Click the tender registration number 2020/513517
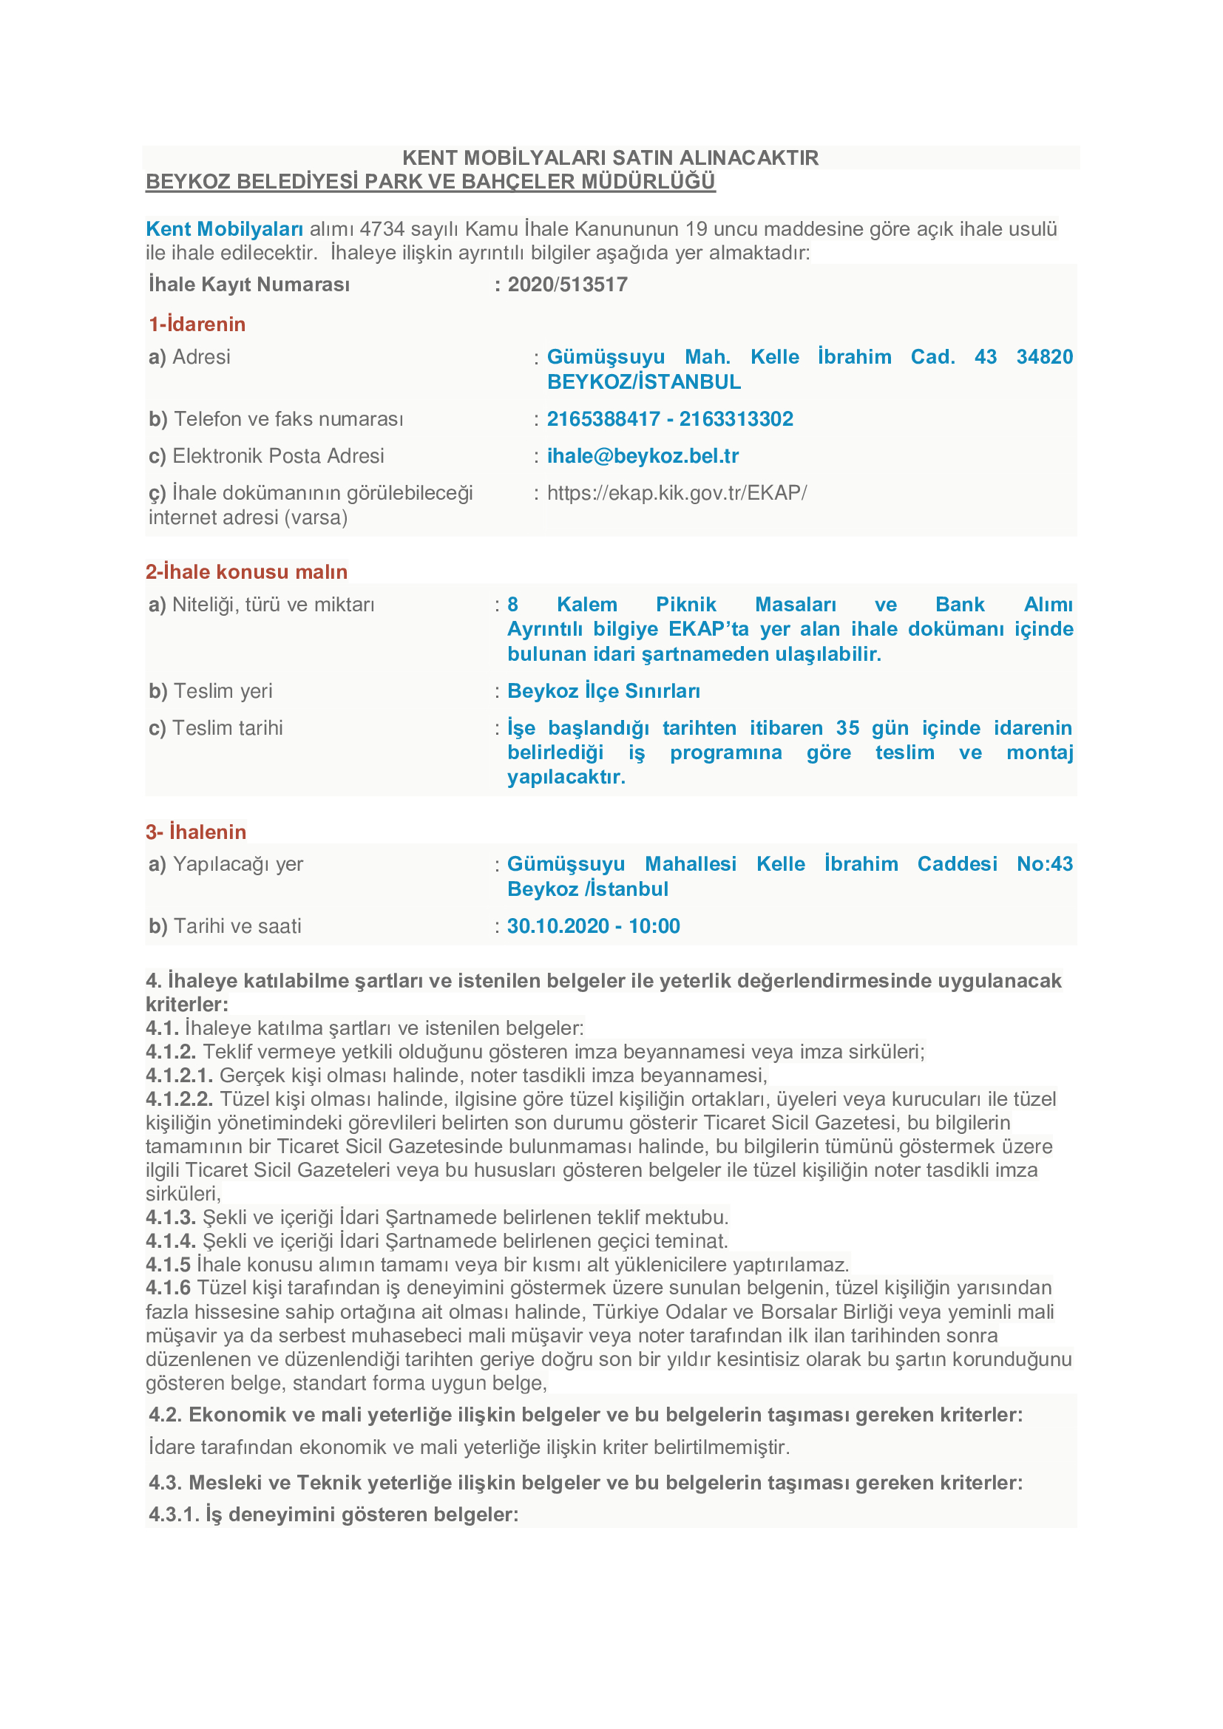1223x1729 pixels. coord(567,285)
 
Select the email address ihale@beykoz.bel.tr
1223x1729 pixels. coord(643,456)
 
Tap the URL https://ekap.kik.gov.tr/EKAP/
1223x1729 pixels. coord(677,493)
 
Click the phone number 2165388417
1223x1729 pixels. coord(603,419)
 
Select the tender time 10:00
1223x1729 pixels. coord(654,926)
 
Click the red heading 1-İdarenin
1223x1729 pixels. coord(197,325)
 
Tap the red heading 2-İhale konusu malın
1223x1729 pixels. coord(246,572)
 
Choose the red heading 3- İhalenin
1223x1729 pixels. coord(196,832)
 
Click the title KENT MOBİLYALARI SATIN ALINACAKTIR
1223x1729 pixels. coord(610,158)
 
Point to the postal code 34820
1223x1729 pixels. coord(1044,357)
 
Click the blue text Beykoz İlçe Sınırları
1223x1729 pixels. coord(603,691)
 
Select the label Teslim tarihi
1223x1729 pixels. coord(228,728)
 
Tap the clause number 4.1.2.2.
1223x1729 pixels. coord(179,1099)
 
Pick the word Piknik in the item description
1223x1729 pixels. coord(685,605)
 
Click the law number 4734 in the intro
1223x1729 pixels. coord(382,229)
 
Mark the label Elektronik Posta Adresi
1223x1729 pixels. coord(278,456)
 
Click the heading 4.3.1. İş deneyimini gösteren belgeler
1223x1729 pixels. coord(333,1515)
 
